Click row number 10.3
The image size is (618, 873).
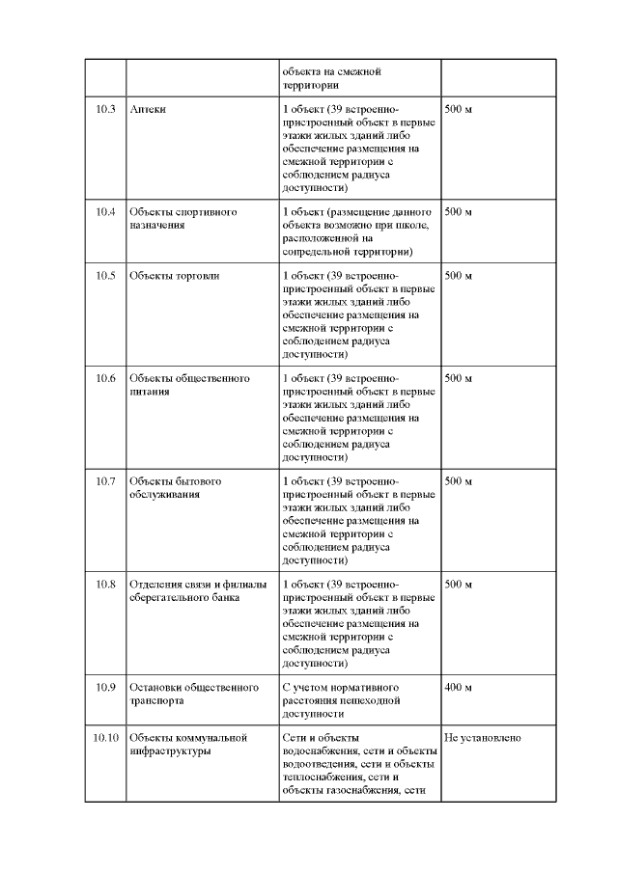coord(105,110)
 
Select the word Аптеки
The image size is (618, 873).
coord(148,110)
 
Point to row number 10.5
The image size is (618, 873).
coord(105,276)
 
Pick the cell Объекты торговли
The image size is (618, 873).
coord(175,276)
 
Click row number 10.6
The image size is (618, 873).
coord(105,378)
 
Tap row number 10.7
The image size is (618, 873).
coord(105,481)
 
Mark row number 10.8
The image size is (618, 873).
coord(105,585)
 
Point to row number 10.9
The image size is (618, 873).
coord(105,688)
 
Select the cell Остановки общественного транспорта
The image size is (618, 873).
coord(194,695)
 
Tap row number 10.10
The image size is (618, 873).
coord(105,739)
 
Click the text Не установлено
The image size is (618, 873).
coord(483,739)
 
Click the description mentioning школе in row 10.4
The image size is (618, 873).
coord(353,232)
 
